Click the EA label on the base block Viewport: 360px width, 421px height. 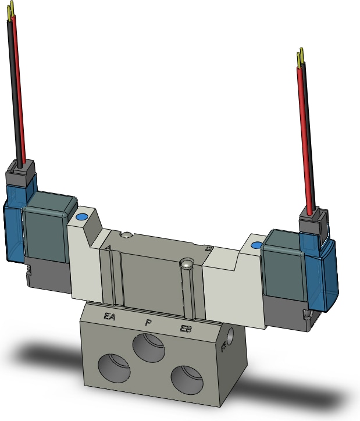(108, 317)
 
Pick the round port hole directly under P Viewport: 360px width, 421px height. (149, 348)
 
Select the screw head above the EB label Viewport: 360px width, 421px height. (186, 265)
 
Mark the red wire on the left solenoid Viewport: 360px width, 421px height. (18, 87)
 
